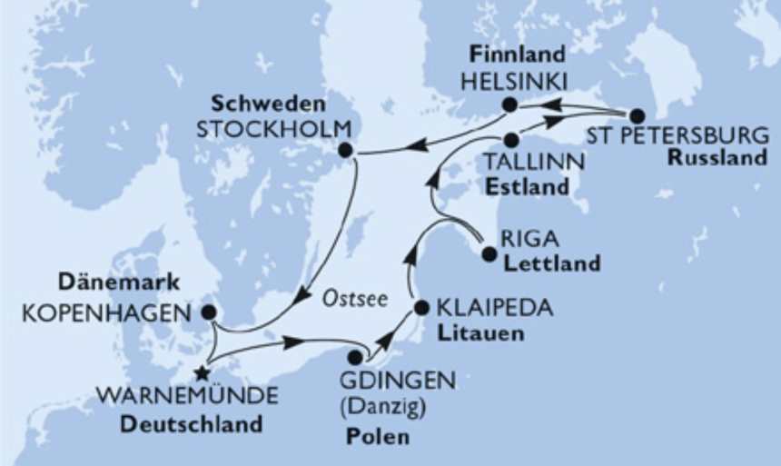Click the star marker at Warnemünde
[x=202, y=372]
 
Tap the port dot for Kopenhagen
[x=208, y=312]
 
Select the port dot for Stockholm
[x=345, y=149]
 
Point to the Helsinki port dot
[x=510, y=105]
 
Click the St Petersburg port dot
[x=637, y=116]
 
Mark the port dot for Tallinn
[x=512, y=140]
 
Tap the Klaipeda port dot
[x=421, y=308]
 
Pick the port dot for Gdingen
[x=355, y=357]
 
